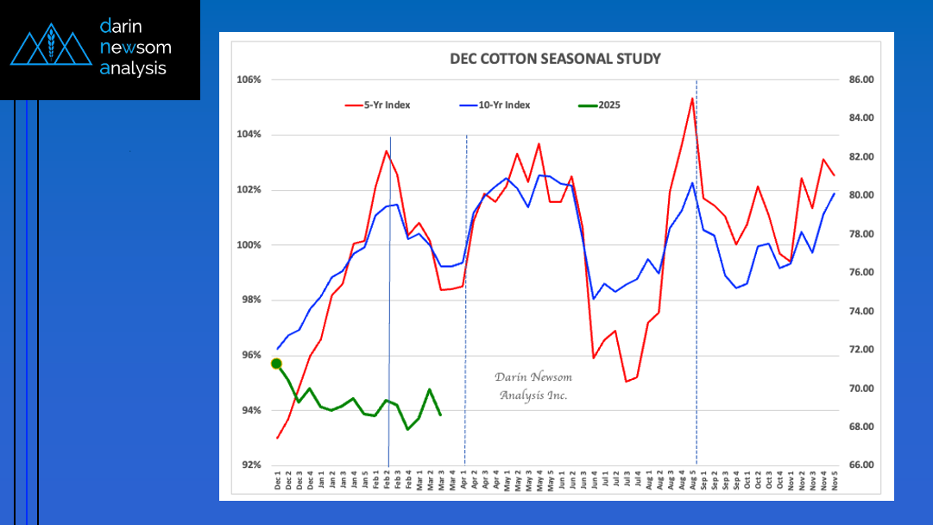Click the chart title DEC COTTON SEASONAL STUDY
[555, 60]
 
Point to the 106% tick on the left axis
[249, 80]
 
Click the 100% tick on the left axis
[249, 245]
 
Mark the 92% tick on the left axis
[249, 465]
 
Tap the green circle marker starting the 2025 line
[277, 364]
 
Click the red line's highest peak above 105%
[692, 98]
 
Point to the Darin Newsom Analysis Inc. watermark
[533, 386]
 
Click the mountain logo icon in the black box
[51, 48]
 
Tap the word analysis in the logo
[134, 68]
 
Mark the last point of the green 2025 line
[441, 415]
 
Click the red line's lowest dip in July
[626, 381]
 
